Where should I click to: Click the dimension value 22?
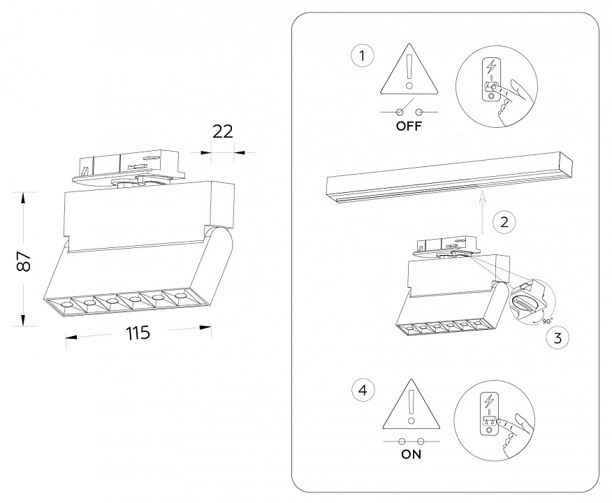[223, 133]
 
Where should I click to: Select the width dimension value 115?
[138, 333]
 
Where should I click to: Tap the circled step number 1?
[362, 56]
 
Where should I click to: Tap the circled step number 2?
[504, 222]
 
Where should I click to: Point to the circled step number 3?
[557, 339]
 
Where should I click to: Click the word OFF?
[409, 127]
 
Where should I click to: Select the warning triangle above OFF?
[409, 71]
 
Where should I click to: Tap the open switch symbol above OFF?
[409, 110]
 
